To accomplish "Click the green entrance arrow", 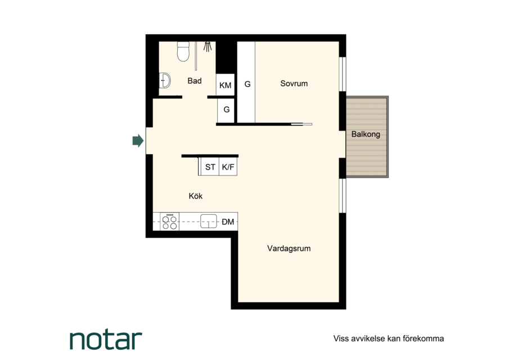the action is [x=138, y=141].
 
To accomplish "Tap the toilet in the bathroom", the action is [x=183, y=51].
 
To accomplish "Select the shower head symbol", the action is [x=208, y=47].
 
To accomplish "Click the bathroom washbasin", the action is [x=165, y=80].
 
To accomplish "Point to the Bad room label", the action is [x=195, y=81].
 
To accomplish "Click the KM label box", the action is [x=226, y=85].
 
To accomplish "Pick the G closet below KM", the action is [x=226, y=110].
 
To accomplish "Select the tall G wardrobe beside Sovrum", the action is [x=246, y=82].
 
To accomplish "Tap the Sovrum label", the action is [x=294, y=83].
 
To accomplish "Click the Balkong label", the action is [x=366, y=134].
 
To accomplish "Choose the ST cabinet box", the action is [x=210, y=167].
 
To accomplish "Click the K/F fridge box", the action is [x=228, y=167].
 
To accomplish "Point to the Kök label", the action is [x=195, y=196].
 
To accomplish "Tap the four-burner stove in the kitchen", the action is [x=169, y=222].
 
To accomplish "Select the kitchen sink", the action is [x=209, y=221].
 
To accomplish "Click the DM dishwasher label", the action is [x=228, y=222].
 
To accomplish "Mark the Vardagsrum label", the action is [x=289, y=248].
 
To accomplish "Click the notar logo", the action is [x=106, y=340].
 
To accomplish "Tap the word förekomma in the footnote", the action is [x=424, y=339].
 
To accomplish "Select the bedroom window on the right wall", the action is [x=343, y=74].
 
